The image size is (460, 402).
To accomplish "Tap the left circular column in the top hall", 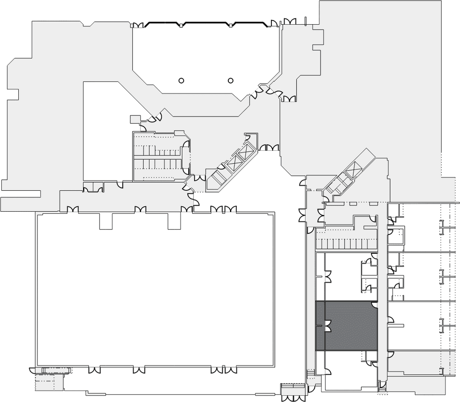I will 181,80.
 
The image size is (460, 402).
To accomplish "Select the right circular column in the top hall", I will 231,80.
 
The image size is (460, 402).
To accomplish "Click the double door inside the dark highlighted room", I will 327,326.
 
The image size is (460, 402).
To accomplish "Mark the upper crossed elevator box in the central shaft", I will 247,151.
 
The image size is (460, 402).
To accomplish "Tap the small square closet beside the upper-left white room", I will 135,119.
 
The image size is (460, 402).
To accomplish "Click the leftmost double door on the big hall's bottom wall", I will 94,370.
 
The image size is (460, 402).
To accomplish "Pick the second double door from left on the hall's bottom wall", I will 139,370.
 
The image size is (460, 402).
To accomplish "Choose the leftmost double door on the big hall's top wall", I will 73,209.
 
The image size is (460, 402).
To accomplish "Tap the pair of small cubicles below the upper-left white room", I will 93,187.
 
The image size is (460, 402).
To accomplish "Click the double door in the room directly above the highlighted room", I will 327,277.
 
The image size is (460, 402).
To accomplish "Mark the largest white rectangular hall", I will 155,290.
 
